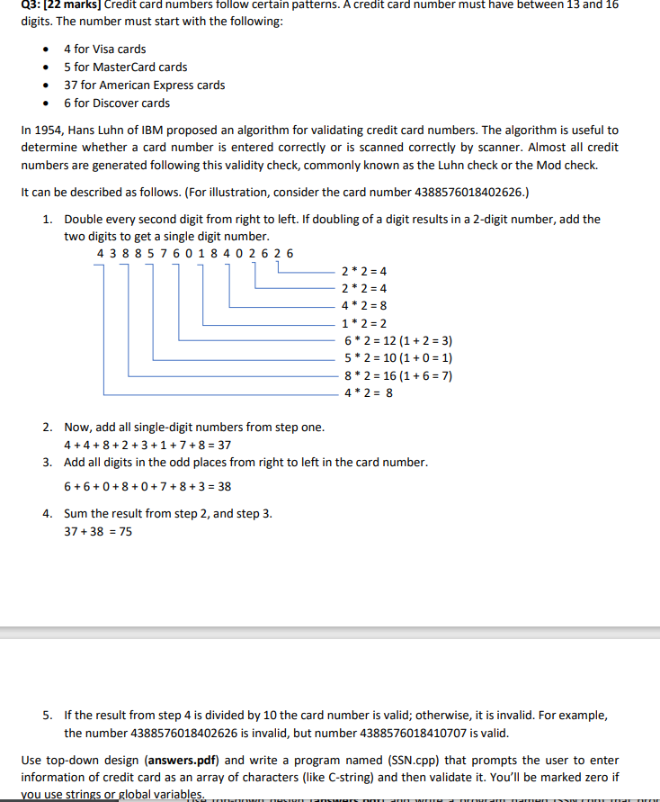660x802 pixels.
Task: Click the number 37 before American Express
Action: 71,85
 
